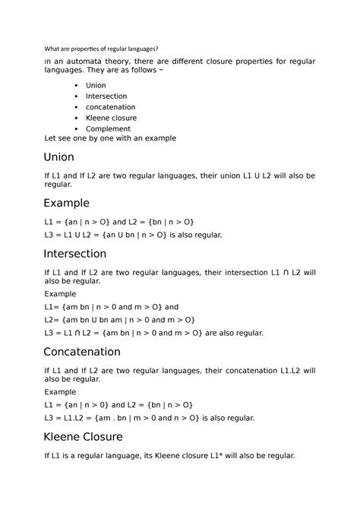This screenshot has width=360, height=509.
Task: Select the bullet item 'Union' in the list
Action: pos(96,86)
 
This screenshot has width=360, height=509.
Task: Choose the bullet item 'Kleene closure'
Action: pos(111,119)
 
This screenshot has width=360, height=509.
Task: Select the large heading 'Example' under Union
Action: pos(67,203)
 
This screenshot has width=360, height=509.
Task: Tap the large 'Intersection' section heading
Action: pos(85,253)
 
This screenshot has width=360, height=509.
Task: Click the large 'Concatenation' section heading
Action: pos(93,352)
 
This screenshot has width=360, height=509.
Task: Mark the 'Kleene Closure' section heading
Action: pos(93,436)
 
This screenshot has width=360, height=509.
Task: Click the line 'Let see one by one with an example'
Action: pos(110,138)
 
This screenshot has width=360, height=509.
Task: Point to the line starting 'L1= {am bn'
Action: pos(112,307)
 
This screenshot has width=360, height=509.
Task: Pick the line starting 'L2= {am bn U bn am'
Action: pos(120,320)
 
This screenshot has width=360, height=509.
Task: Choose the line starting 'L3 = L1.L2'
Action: pos(150,417)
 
